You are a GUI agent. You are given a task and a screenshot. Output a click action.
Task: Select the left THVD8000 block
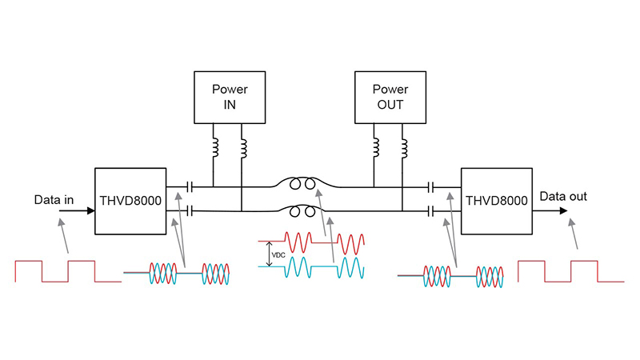coord(131,201)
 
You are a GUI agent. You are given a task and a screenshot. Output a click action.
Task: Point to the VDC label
coord(278,255)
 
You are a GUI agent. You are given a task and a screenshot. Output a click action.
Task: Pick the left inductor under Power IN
coord(214,147)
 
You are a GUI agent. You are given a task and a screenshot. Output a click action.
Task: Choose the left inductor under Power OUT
coord(375,147)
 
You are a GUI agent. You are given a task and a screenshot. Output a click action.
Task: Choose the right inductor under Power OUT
coord(403,147)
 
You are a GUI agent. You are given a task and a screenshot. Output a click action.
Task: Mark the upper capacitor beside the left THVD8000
coord(189,186)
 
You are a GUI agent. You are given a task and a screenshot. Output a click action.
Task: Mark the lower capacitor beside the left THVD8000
coord(189,211)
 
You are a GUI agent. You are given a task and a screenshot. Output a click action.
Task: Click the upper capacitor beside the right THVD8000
coord(431,186)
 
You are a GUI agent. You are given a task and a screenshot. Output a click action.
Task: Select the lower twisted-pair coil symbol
coord(302,212)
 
